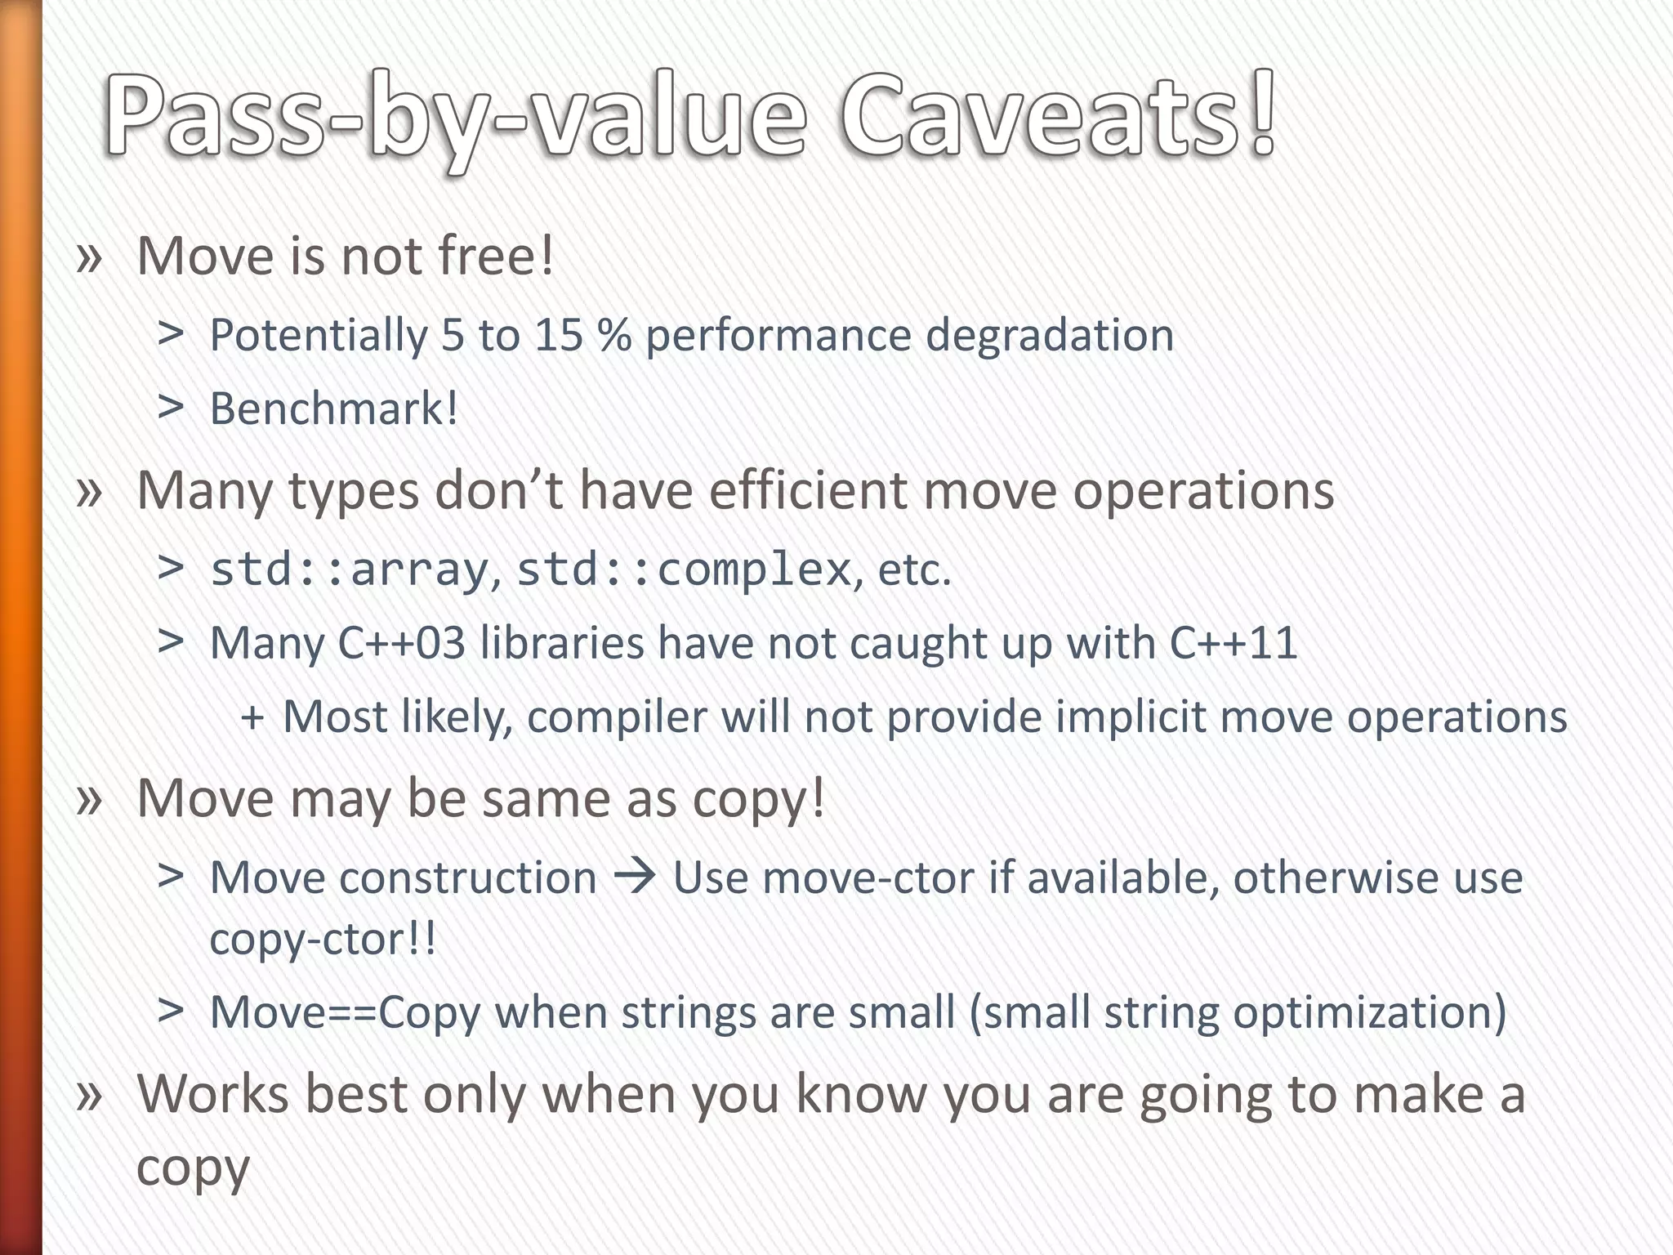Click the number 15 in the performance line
pyautogui.click(x=559, y=335)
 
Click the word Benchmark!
pyautogui.click(x=333, y=409)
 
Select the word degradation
pyautogui.click(x=1050, y=335)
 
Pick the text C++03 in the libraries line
pyautogui.click(x=401, y=643)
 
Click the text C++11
pyautogui.click(x=1234, y=643)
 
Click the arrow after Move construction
pyautogui.click(x=635, y=877)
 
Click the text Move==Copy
pyautogui.click(x=345, y=1012)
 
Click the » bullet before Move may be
pyautogui.click(x=89, y=798)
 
